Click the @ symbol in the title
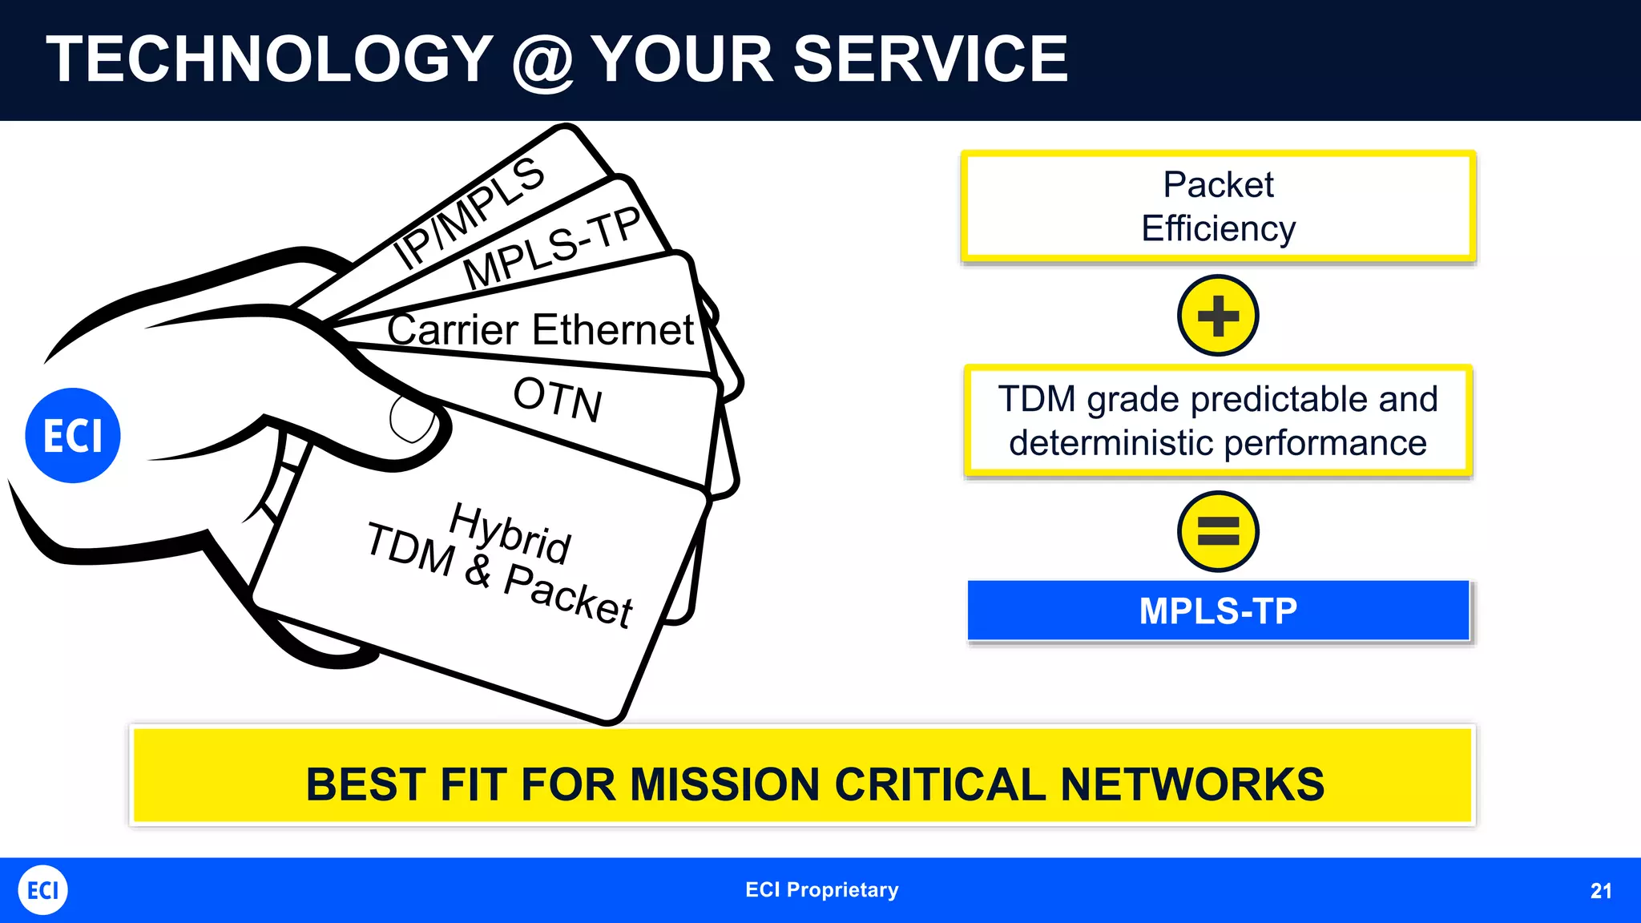coord(542,62)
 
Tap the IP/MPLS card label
coord(469,212)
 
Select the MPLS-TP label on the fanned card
coord(552,248)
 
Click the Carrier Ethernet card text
coord(540,330)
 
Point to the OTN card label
coord(558,398)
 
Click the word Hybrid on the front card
coord(510,532)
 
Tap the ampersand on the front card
coord(478,570)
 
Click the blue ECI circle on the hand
coord(73,435)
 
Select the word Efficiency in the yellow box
coord(1218,229)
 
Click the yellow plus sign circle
coord(1218,316)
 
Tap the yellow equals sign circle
coord(1218,531)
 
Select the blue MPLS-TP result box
coord(1218,611)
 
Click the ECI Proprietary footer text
coord(821,890)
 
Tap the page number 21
coord(1600,891)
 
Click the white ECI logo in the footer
coord(43,890)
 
